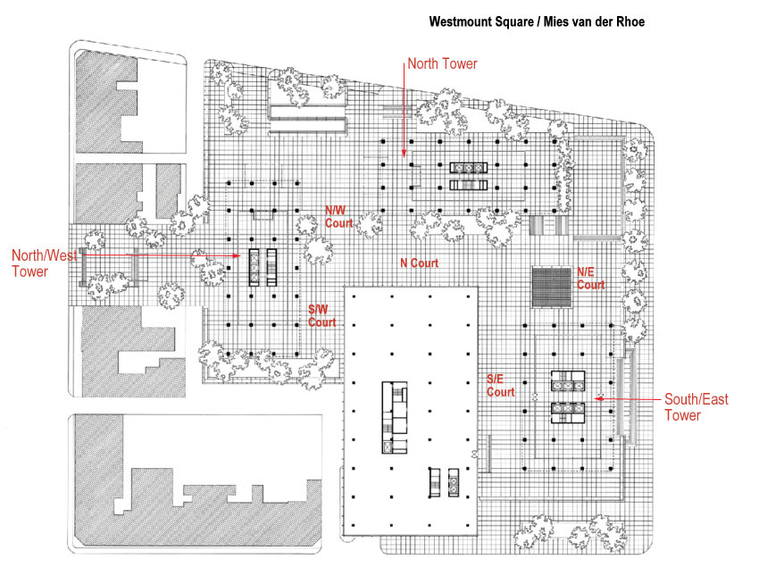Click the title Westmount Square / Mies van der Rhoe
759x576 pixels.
coord(536,20)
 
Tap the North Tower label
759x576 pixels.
coord(442,63)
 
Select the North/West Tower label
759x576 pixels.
coord(44,263)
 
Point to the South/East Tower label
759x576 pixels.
coord(696,407)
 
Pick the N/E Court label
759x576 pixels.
coord(590,279)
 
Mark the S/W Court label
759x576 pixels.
coord(322,315)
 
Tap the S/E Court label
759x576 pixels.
coord(500,385)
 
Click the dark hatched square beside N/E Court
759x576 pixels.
coord(551,287)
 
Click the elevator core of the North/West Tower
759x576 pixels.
coord(263,266)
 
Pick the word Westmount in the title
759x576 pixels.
coord(463,20)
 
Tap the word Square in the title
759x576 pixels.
coord(517,20)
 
